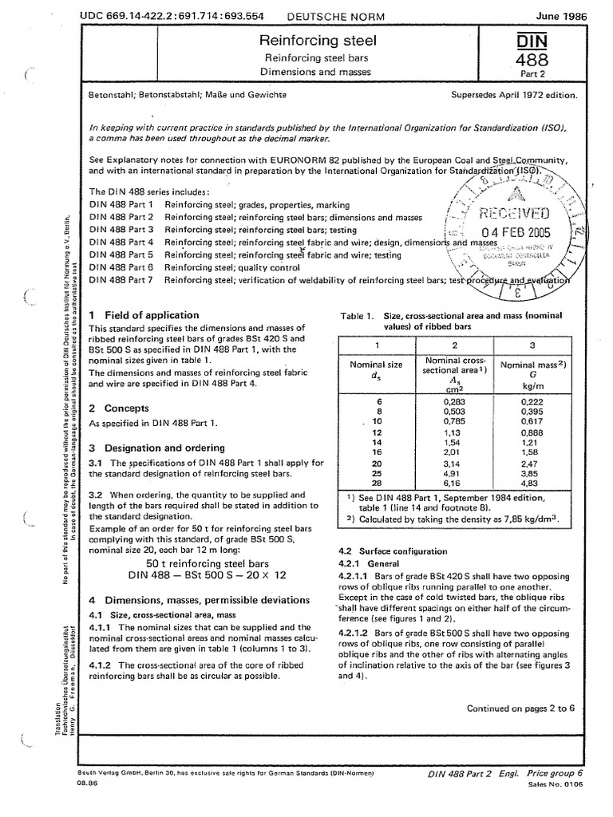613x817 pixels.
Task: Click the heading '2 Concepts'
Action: point(120,408)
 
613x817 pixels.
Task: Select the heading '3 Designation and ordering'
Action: point(156,448)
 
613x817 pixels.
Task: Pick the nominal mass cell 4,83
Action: point(532,483)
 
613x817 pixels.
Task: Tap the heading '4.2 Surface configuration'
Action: point(392,551)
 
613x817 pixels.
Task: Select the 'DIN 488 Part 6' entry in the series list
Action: point(121,268)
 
